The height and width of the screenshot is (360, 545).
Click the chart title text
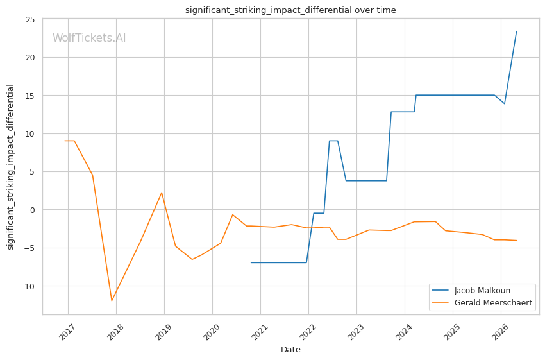click(290, 10)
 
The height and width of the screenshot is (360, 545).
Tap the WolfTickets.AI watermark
click(89, 38)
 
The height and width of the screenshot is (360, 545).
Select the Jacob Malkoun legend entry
click(471, 291)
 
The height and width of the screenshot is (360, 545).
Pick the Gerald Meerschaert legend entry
click(482, 303)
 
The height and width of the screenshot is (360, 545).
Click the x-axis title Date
click(290, 350)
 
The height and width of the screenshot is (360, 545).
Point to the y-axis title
click(10, 167)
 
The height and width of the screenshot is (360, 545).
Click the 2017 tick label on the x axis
click(67, 332)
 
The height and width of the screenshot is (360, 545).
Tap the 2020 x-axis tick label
click(211, 332)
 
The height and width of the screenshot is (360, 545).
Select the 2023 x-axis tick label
click(355, 332)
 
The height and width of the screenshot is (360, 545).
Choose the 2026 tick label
click(499, 332)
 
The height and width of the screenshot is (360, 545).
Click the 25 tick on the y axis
click(31, 19)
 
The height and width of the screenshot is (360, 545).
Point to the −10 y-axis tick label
click(27, 286)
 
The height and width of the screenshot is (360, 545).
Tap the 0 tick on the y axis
click(33, 210)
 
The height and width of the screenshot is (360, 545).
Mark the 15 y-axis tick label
click(31, 96)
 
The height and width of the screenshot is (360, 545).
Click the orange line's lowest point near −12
click(112, 301)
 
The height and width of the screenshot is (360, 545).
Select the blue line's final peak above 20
click(517, 31)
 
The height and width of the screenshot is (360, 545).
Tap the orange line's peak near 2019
click(162, 193)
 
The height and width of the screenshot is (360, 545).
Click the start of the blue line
click(251, 262)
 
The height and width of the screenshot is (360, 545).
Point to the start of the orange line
click(65, 141)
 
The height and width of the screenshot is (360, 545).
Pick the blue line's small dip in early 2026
click(505, 104)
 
